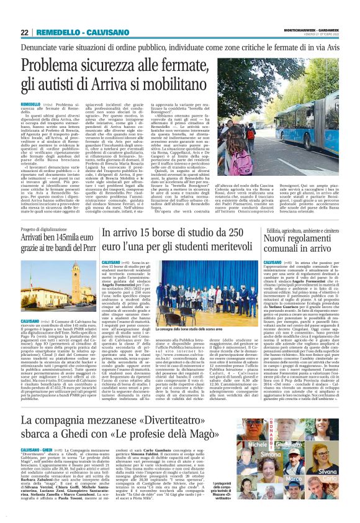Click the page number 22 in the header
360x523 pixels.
(x=25, y=32)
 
